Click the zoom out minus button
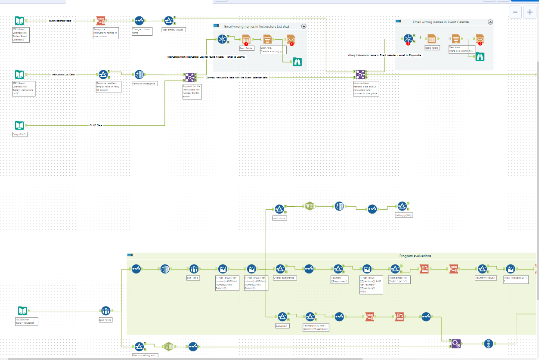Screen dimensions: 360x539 tap(515, 12)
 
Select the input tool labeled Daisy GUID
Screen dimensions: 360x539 tap(20, 125)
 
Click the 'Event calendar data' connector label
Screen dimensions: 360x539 tap(60, 21)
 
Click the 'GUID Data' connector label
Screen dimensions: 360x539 tap(96, 125)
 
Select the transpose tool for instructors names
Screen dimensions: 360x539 tap(101, 21)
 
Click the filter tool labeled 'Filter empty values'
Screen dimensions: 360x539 tap(169, 21)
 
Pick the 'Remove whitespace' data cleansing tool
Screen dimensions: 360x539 tap(139, 74)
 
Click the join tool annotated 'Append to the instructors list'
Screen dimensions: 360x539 tap(190, 78)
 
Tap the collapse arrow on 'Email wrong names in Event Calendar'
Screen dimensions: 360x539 tap(490, 22)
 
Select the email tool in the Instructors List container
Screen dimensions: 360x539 tap(291, 39)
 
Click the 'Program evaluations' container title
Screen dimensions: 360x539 tap(415, 256)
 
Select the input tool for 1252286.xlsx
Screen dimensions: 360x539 tap(23, 310)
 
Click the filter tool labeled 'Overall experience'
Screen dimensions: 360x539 tap(280, 269)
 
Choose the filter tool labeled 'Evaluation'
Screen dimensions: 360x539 tap(282, 317)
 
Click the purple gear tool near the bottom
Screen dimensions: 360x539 tap(456, 343)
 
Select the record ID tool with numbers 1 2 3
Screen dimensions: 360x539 tap(488, 343)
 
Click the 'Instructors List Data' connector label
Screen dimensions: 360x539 tap(63, 74)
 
